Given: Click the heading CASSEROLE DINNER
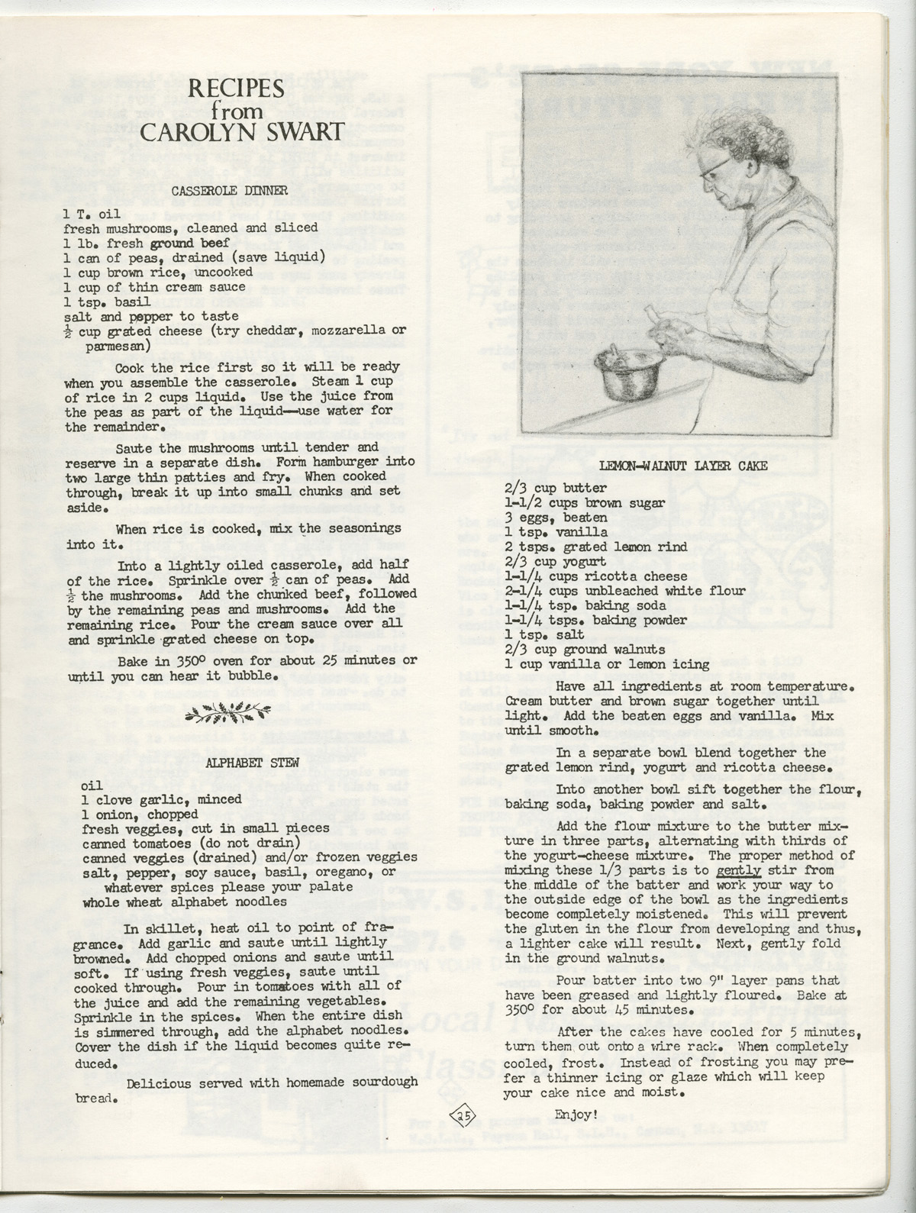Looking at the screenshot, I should coord(228,191).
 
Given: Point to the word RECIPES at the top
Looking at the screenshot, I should coord(237,90).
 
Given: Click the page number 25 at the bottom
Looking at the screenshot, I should coord(463,1115).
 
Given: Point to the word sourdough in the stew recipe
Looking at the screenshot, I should coord(380,1082).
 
